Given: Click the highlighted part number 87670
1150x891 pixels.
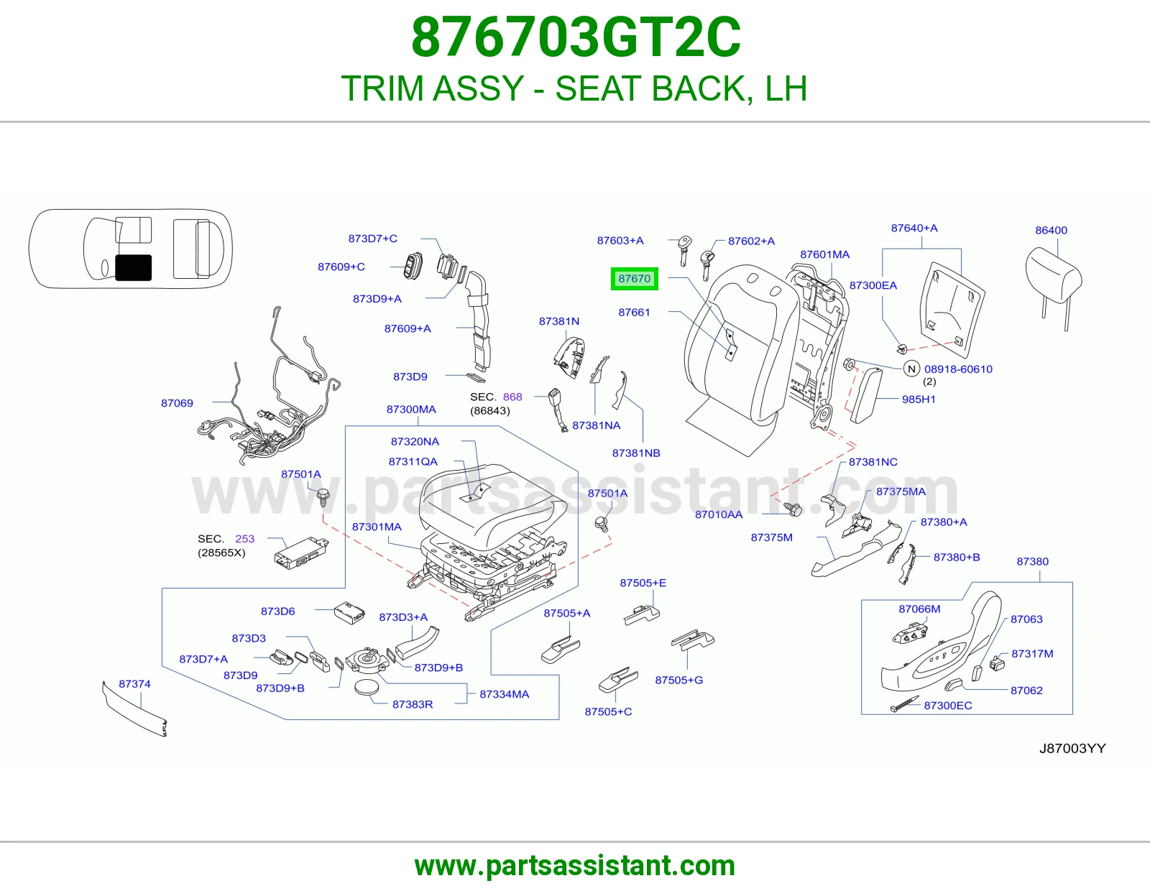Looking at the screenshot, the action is coord(634,278).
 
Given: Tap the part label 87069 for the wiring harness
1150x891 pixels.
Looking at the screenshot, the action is coord(177,402).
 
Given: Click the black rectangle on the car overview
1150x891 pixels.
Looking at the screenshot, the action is coord(134,267).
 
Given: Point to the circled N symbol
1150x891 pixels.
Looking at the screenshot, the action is coord(911,369).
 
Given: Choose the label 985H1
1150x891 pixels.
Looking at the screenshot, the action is coord(919,399).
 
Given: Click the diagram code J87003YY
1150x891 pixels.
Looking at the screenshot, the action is coord(1072,748).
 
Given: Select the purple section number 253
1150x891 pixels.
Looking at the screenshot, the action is coord(244,539).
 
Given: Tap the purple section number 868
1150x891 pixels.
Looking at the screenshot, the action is coord(512,397).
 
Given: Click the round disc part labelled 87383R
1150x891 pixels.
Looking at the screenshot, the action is coord(367,688).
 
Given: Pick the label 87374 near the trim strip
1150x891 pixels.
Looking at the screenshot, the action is coord(134,683).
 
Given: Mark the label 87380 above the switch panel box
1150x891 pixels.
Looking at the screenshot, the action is coord(1033,561).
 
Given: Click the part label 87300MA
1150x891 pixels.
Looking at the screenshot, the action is coord(411,409).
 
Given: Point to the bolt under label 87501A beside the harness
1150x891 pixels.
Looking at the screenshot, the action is coord(323,498).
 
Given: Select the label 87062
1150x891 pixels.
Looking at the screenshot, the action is coord(1026,690).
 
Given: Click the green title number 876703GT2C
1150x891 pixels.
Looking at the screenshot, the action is coord(576,37).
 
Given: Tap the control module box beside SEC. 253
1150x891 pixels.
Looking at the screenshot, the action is coord(301,553).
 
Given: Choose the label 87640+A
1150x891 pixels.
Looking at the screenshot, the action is coord(914,228).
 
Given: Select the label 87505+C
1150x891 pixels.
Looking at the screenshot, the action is coord(608,711).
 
